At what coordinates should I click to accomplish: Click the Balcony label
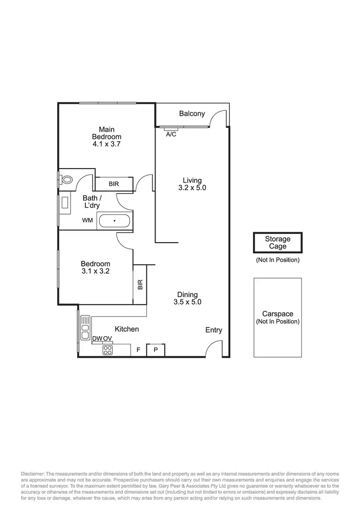(x=192, y=114)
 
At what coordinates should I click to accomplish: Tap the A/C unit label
(x=171, y=134)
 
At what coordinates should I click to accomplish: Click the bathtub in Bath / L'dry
(x=114, y=221)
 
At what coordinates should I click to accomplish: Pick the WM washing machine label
(x=88, y=221)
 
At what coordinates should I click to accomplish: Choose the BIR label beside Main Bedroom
(x=114, y=184)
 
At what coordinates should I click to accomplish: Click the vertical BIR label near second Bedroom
(x=140, y=285)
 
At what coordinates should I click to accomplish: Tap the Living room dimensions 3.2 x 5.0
(x=192, y=188)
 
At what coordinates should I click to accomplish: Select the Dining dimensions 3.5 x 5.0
(x=187, y=302)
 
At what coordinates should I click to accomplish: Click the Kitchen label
(x=127, y=329)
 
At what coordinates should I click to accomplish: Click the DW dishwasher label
(x=97, y=339)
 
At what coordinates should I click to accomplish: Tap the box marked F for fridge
(x=138, y=350)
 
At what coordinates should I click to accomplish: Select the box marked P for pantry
(x=156, y=350)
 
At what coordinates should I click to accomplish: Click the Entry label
(x=214, y=330)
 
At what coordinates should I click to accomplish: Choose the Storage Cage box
(x=278, y=242)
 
